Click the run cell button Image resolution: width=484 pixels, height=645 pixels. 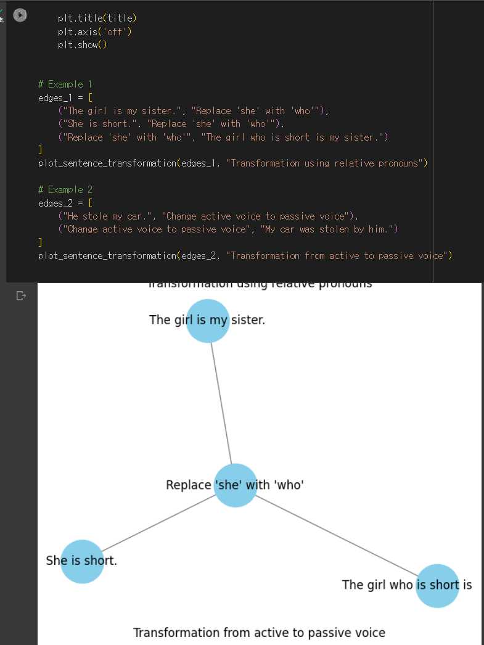click(20, 15)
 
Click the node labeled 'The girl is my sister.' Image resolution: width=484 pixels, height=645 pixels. click(208, 320)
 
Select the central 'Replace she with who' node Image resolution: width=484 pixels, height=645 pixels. click(235, 485)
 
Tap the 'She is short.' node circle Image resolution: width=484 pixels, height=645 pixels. click(82, 561)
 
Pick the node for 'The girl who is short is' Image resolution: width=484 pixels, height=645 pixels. click(437, 585)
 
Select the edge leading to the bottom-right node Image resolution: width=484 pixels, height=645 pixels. click(336, 535)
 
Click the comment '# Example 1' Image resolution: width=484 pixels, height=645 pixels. click(65, 84)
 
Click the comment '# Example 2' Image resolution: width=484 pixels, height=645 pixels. click(65, 190)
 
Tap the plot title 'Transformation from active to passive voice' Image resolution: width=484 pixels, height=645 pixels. click(259, 633)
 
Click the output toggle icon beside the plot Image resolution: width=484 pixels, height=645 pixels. click(21, 296)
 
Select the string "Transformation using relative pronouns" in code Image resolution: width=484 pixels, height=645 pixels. click(326, 163)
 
